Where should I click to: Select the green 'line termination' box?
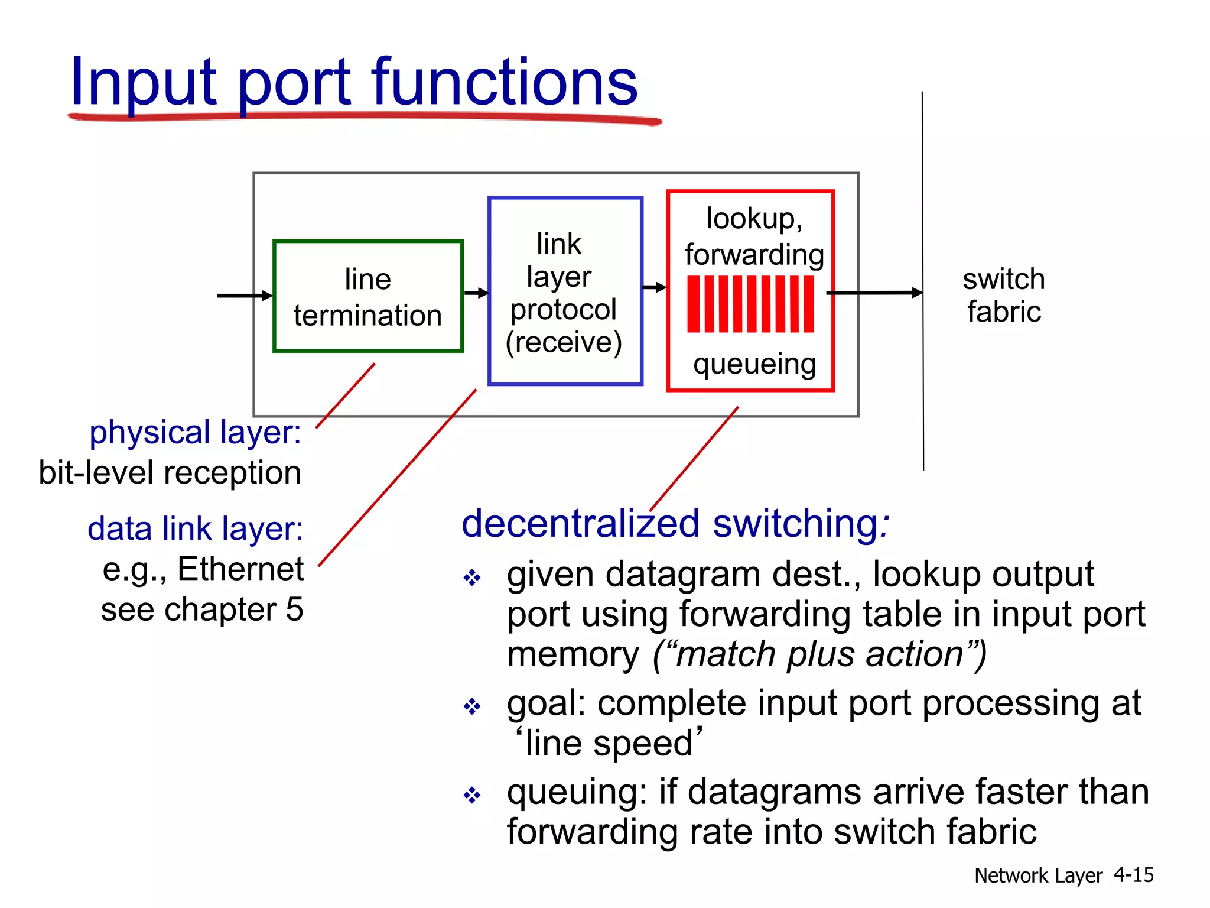(x=367, y=296)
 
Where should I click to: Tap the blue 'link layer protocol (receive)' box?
(x=565, y=291)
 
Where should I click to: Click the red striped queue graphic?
(x=750, y=304)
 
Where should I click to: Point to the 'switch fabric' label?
(x=1004, y=295)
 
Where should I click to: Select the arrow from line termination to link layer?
(x=476, y=293)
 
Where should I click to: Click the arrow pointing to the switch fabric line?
(x=874, y=293)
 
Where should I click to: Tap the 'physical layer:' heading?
(x=195, y=432)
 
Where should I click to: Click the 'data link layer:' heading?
(x=195, y=528)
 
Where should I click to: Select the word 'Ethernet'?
(x=240, y=569)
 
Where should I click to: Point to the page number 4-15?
(x=1133, y=875)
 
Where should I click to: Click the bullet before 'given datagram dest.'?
(x=471, y=577)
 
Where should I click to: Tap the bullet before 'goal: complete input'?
(x=471, y=706)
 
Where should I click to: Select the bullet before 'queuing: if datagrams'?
(x=471, y=794)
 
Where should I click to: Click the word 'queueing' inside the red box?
(x=754, y=364)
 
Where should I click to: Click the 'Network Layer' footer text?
(x=1038, y=875)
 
